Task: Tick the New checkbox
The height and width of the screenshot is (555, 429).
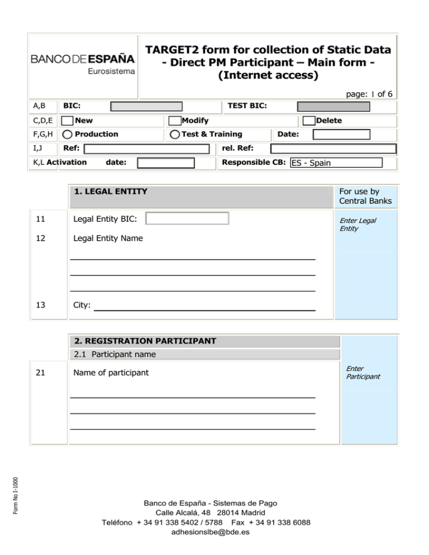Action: click(67, 121)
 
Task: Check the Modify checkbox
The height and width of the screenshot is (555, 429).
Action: click(175, 121)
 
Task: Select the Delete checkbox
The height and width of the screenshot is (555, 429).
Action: click(308, 121)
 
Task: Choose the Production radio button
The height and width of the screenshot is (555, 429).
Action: click(67, 134)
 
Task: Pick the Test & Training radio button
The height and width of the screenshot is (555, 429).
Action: click(175, 134)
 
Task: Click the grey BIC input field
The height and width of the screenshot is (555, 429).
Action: click(146, 106)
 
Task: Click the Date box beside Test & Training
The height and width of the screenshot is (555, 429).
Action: click(341, 134)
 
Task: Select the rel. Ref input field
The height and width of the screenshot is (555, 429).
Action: click(333, 149)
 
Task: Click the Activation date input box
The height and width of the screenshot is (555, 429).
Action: click(166, 162)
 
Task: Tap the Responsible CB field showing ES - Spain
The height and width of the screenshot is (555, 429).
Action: click(336, 162)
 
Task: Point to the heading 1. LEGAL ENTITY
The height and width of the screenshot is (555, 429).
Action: click(111, 192)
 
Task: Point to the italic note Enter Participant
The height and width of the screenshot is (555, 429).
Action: click(363, 372)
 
